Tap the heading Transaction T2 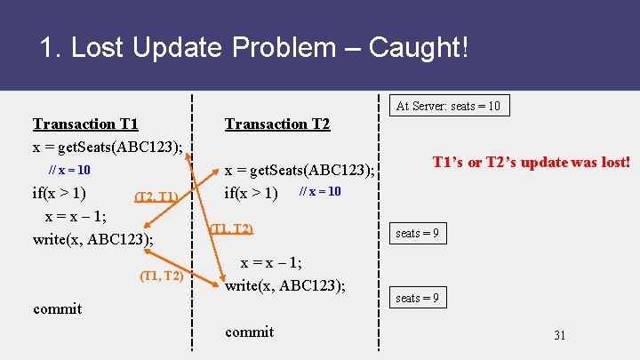coord(277,124)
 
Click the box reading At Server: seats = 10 coord(448,106)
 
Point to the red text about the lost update coord(532,162)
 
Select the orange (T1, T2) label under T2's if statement coord(230,229)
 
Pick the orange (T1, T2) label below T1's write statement coord(162,276)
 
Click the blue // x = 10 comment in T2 coord(320,192)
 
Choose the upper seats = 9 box coord(417,234)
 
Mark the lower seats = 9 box coord(417,298)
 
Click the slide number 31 coord(559,335)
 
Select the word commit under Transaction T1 coord(57,308)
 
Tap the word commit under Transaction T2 coord(249,332)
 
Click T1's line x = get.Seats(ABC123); coord(108,146)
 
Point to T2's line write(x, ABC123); coord(285,285)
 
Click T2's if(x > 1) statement coord(252,193)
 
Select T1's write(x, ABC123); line coord(92,238)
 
